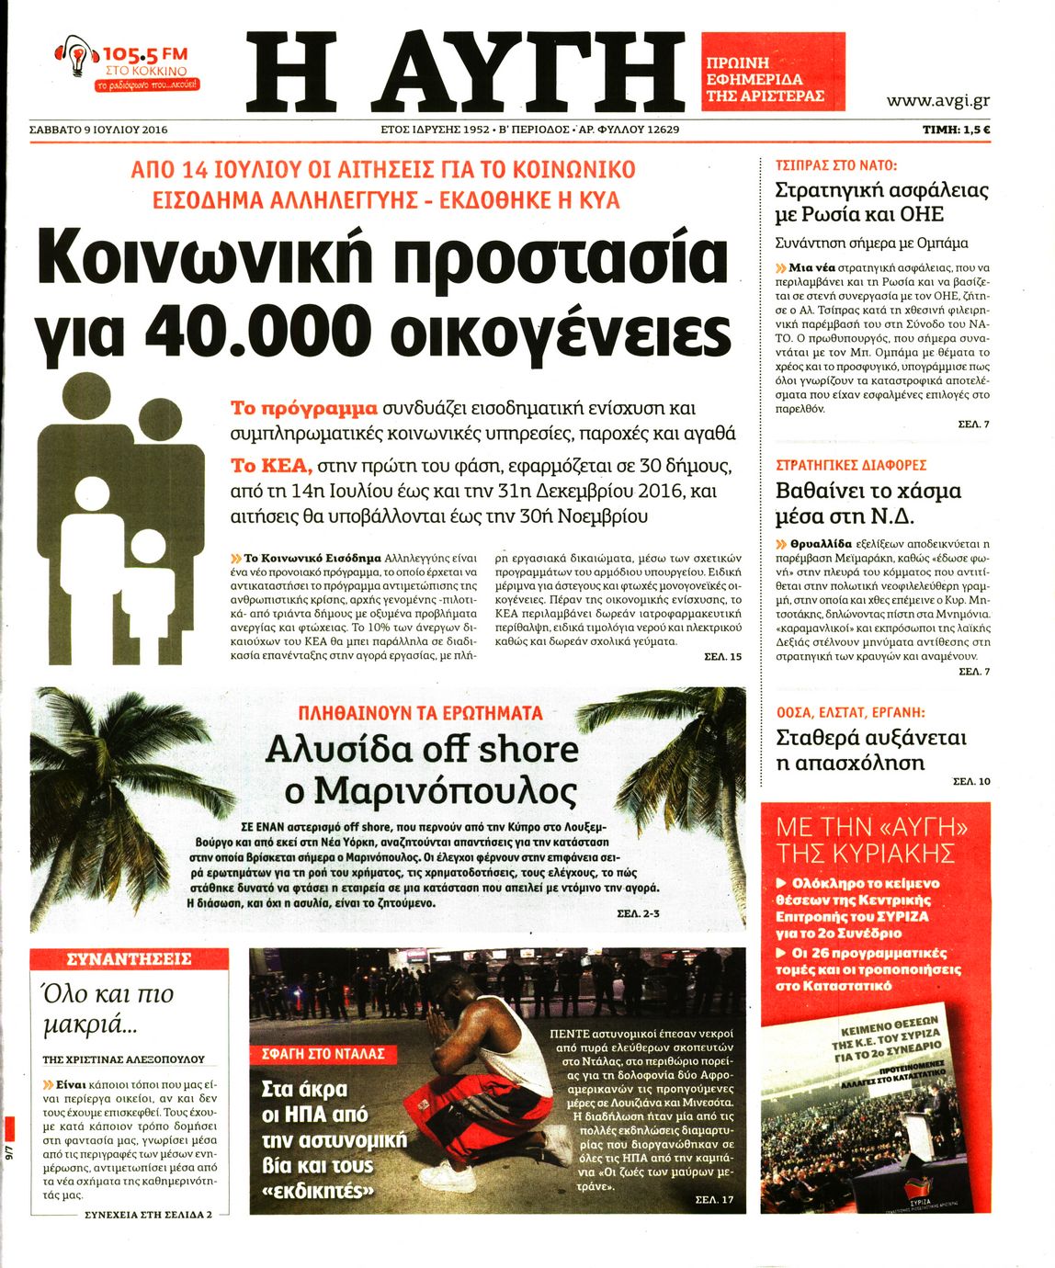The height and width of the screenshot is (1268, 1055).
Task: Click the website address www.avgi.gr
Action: [937, 101]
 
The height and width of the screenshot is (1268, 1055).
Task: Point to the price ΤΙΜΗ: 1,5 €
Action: [956, 130]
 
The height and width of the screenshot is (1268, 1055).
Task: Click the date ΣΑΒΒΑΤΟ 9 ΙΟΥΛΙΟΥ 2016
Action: [98, 130]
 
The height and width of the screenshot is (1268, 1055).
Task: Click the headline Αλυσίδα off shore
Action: [422, 750]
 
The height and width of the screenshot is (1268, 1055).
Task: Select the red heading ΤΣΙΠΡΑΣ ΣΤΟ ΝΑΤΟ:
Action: [835, 166]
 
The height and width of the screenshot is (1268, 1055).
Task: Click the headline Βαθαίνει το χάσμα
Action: [868, 491]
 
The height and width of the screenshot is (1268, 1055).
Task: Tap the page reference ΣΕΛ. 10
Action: [971, 781]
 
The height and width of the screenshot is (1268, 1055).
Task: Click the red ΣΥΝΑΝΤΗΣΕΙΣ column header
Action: [129, 960]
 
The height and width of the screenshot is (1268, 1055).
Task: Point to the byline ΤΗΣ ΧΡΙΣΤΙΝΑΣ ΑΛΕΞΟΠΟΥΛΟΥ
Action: [123, 1059]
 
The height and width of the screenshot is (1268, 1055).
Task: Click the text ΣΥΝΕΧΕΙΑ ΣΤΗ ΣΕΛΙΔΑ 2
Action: [147, 1214]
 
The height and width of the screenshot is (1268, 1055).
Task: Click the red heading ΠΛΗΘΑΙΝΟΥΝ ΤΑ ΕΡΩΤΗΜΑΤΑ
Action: [421, 713]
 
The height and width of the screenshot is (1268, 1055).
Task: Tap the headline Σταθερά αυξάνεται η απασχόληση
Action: [869, 750]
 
